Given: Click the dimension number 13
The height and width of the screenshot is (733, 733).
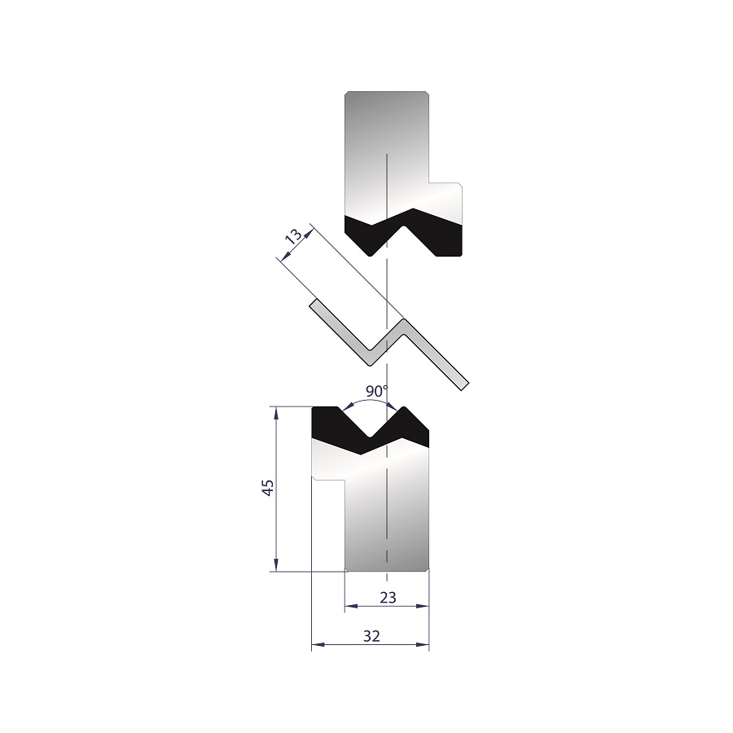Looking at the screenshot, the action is coord(293,236).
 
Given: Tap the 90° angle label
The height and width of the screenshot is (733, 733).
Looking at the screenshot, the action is coord(377,391).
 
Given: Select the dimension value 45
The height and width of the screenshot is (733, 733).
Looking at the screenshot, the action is coord(268,488).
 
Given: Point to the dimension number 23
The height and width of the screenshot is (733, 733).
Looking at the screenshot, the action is coord(388,598).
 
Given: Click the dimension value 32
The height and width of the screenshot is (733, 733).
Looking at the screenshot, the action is coord(371,636).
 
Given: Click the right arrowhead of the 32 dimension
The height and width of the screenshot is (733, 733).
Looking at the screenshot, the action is coord(423,645).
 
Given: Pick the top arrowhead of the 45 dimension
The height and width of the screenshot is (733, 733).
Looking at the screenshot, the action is coord(276,413).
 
